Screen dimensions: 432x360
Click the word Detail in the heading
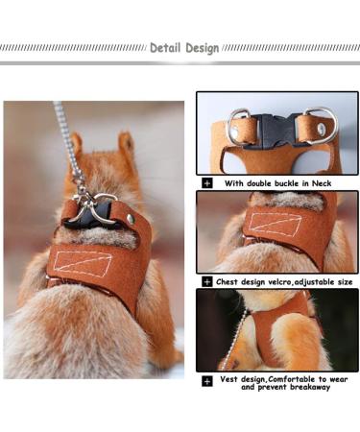point(166,47)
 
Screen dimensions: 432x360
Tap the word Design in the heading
point(201,47)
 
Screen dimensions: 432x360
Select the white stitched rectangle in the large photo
point(82,261)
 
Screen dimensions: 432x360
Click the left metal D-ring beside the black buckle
point(238,126)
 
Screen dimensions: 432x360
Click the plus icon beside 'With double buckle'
point(207,182)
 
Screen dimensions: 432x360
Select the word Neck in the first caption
point(329,182)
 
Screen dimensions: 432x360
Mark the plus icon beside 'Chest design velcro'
point(207,282)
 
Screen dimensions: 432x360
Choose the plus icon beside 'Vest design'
point(207,381)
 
